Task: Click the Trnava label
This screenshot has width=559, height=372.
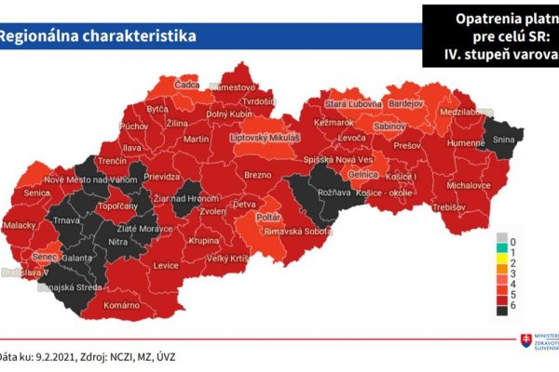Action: pos(67,219)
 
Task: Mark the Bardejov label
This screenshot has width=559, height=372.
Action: pos(405,103)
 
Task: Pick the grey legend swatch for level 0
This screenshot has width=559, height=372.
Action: pos(502,238)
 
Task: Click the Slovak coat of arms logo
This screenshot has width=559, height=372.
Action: pos(526,342)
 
